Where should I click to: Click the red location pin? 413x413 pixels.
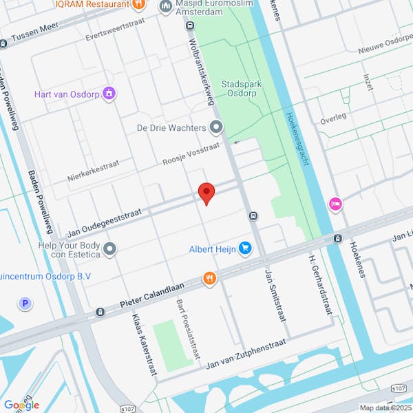(x=206, y=193)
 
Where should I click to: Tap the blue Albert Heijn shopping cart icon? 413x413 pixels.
(x=244, y=248)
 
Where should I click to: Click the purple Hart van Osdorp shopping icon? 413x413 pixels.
(x=108, y=94)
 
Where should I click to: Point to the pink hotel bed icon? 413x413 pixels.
(x=336, y=204)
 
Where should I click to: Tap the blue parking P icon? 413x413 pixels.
(x=26, y=303)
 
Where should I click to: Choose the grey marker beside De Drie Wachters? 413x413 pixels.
(x=216, y=127)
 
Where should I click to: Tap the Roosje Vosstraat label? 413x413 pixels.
(x=191, y=154)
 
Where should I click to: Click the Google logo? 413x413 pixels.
(x=21, y=405)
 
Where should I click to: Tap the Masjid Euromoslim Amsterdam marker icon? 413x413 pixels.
(x=165, y=7)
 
